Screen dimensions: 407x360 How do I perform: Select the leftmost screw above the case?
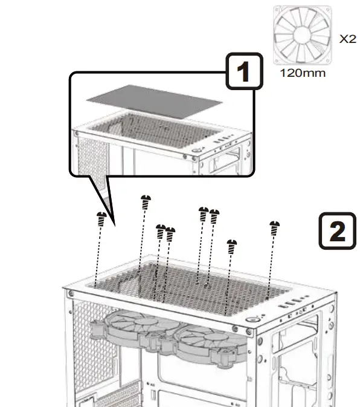pyautogui.click(x=102, y=218)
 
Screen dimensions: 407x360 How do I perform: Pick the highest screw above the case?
pyautogui.click(x=145, y=201)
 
